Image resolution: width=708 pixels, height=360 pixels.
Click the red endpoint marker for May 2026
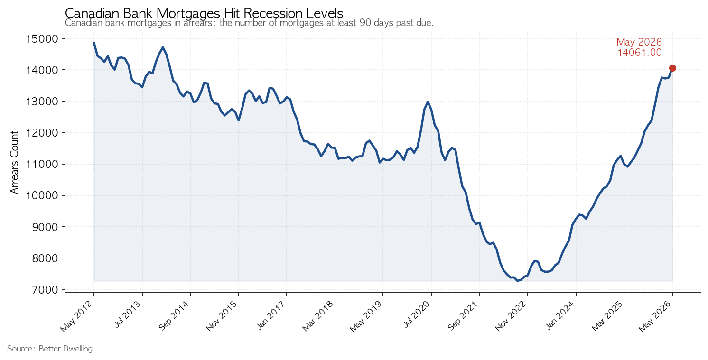[672, 68]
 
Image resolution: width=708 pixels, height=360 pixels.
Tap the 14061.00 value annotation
[639, 53]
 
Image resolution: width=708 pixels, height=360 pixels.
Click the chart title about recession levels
[204, 13]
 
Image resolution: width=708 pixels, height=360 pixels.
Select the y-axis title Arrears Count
[15, 162]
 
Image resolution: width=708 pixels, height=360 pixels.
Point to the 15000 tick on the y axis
[43, 39]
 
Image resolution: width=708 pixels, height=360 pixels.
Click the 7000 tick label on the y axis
[45, 290]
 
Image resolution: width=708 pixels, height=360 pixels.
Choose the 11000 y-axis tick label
[43, 164]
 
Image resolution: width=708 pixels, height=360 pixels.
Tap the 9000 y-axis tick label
[45, 227]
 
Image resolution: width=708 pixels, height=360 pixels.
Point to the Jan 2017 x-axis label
[271, 315]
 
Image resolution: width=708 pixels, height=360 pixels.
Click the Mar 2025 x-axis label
[607, 316]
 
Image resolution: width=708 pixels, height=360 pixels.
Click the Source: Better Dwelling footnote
[50, 349]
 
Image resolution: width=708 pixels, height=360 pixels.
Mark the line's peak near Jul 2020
[428, 102]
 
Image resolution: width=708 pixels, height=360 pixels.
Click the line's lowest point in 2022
[517, 281]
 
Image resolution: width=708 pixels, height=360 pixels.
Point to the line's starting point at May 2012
[94, 43]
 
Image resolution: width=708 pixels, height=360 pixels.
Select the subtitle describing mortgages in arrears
[249, 23]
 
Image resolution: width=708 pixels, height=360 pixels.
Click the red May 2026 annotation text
[639, 42]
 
